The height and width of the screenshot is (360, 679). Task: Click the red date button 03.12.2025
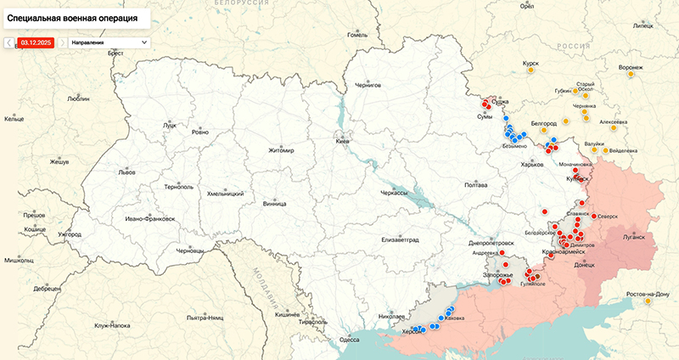tap(36, 42)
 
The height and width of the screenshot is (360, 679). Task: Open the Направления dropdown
tap(109, 42)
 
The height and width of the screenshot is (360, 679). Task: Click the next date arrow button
tap(62, 42)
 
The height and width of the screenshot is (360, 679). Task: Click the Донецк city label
tap(584, 265)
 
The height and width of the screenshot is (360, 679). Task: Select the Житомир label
tap(280, 151)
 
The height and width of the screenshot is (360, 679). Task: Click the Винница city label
tap(274, 204)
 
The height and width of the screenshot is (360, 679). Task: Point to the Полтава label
tap(476, 184)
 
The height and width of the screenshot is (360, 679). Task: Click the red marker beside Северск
tap(593, 216)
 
